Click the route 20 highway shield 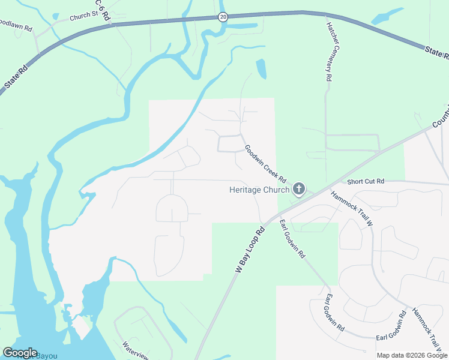coord(223,17)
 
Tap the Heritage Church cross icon coord(299,190)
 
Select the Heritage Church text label coord(259,190)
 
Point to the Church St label coord(83,17)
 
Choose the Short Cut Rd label coord(365,181)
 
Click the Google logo coord(20,353)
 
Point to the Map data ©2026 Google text coord(412,355)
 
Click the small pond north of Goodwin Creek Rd coord(261,69)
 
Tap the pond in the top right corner coord(387,17)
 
